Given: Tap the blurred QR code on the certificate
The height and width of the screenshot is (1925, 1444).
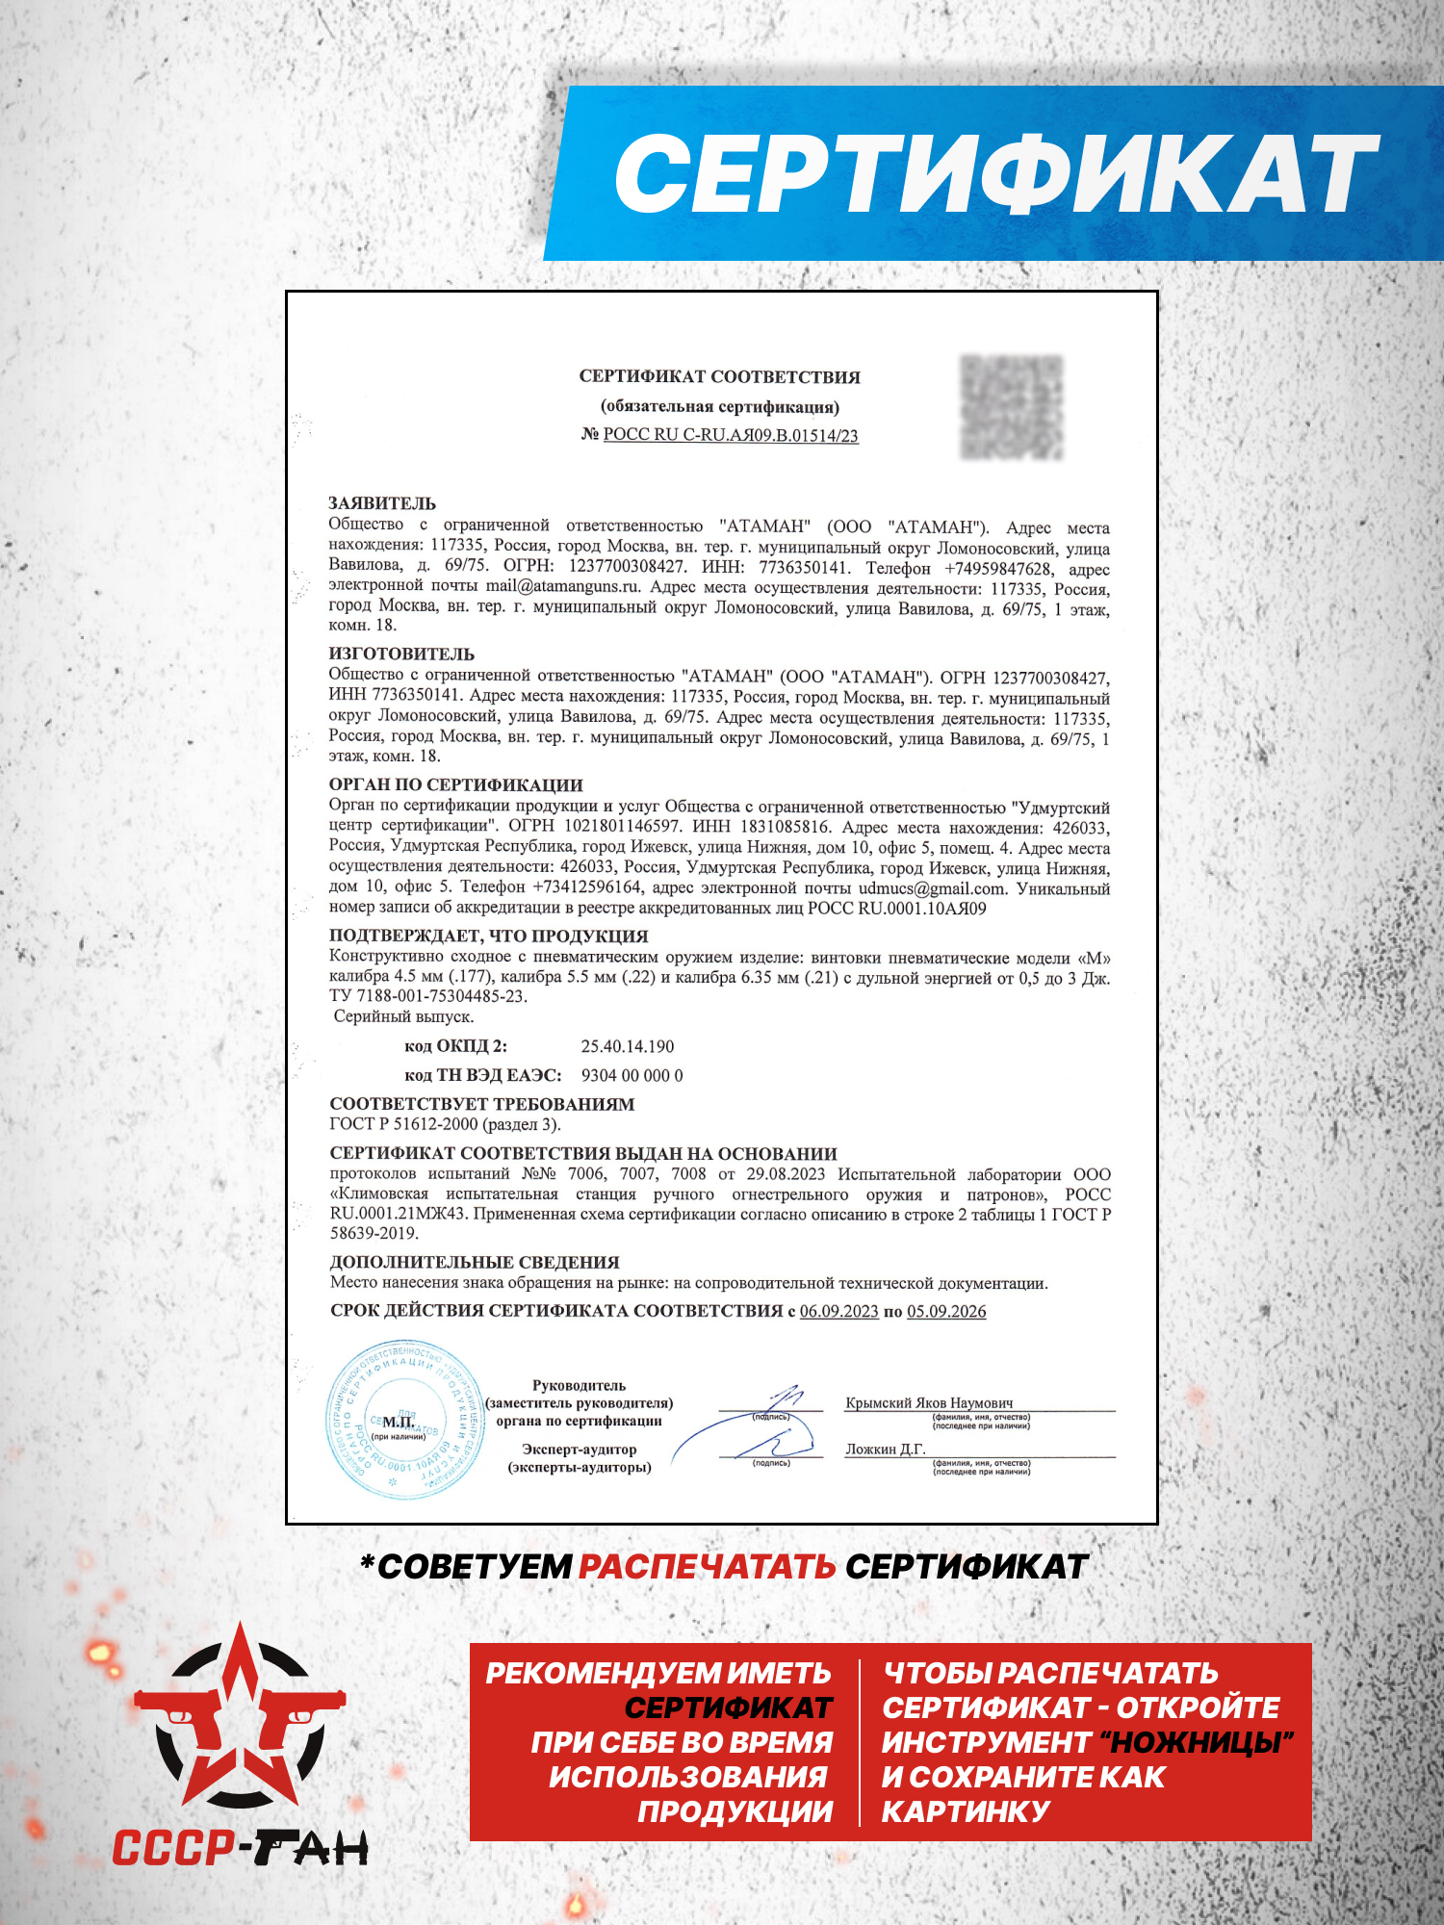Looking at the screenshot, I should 1012,406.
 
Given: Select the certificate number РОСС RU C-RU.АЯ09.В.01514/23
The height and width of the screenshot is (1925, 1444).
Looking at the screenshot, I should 730,435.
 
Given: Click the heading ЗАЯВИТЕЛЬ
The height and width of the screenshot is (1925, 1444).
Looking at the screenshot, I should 382,503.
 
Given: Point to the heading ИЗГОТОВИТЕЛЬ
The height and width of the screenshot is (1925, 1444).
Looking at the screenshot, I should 401,654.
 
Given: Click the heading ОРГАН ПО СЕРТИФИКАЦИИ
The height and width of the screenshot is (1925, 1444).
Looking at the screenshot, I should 456,785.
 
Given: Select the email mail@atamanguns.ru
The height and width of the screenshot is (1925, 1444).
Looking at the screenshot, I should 562,586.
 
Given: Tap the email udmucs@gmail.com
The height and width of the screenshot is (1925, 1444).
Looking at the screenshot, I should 931,888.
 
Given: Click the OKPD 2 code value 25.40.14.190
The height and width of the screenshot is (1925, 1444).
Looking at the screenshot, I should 628,1046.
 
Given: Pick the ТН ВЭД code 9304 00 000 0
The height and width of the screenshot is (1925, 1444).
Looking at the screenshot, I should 632,1075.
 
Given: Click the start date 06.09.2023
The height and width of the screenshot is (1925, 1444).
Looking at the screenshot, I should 838,1311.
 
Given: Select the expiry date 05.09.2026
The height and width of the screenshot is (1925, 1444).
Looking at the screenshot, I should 946,1311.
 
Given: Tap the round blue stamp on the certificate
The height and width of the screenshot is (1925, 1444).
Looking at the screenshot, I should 404,1420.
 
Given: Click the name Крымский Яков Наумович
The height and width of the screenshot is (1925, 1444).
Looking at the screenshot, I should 928,1403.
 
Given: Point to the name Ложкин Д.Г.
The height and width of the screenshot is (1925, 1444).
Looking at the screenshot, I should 885,1450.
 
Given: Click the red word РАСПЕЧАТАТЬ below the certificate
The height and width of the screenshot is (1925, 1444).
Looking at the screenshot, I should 707,1567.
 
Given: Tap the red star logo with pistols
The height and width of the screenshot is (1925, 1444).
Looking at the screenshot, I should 240,1718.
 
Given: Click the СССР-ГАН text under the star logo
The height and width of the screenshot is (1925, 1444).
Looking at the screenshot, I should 240,1848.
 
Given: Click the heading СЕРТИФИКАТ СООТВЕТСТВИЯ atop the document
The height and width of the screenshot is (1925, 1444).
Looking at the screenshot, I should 719,377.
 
